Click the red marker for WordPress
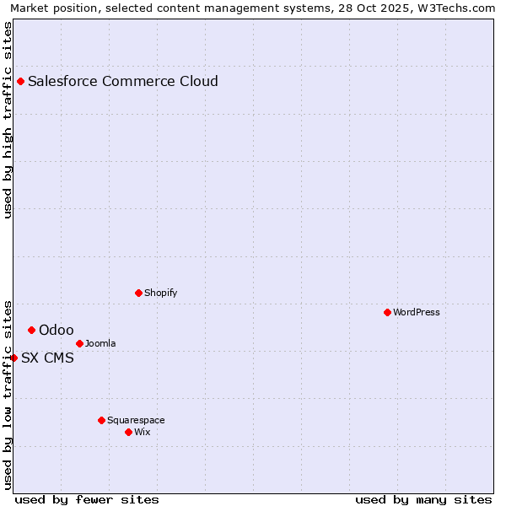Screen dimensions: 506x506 [x=387, y=312]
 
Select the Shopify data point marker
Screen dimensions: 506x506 [x=138, y=293]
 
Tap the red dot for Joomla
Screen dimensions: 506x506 [x=79, y=343]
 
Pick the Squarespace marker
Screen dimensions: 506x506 [x=101, y=420]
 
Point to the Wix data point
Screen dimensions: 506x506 [x=128, y=432]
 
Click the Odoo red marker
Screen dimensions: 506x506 [x=31, y=330]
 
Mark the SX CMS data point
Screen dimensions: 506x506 [x=13, y=358]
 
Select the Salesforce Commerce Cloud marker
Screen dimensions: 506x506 [x=20, y=81]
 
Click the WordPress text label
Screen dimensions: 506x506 [x=417, y=312]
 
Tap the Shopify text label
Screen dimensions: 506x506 [x=160, y=293]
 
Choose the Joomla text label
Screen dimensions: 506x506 [x=100, y=343]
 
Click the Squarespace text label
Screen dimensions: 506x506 [x=136, y=420]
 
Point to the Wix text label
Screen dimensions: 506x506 [x=143, y=432]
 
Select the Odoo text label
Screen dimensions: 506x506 [x=57, y=330]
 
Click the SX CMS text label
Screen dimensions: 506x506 [x=47, y=358]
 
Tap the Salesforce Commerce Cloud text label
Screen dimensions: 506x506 [x=123, y=81]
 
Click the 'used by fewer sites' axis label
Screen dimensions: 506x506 [x=87, y=499]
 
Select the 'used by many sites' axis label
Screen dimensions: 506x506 [x=423, y=499]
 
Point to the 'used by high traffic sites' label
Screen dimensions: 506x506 [x=8, y=120]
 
